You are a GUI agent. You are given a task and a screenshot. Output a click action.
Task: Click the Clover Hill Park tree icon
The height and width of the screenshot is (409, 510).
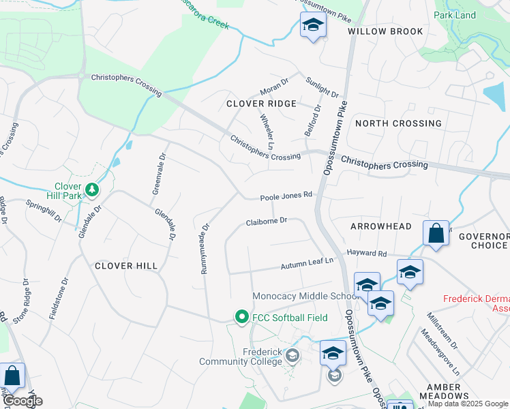click(x=92, y=188)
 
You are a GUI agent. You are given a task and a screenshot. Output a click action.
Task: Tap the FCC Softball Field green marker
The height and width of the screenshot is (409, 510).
click(x=241, y=317)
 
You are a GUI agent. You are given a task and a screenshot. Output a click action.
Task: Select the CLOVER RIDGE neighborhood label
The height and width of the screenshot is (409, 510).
click(x=262, y=104)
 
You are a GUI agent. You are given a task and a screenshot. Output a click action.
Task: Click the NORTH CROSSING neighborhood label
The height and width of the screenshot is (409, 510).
click(x=398, y=123)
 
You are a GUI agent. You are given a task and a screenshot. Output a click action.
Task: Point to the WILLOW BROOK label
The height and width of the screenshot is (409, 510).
click(x=385, y=31)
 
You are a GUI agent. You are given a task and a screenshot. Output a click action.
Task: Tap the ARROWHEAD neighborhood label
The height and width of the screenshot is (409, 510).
click(x=381, y=226)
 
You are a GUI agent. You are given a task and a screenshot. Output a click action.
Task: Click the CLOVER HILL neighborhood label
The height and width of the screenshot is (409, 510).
click(x=126, y=266)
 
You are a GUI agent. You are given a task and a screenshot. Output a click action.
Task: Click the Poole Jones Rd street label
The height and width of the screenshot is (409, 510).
click(x=286, y=196)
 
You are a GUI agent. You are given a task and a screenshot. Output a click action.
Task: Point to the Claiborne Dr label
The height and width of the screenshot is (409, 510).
click(x=267, y=222)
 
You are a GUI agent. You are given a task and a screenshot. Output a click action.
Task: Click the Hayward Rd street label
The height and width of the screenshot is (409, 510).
click(x=366, y=253)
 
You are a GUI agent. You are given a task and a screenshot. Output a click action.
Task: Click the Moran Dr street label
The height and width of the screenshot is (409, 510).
click(x=275, y=89)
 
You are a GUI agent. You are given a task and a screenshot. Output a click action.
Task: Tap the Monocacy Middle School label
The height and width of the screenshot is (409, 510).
click(x=305, y=296)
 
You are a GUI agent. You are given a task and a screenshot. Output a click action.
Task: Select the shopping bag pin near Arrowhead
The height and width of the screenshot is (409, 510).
click(x=436, y=233)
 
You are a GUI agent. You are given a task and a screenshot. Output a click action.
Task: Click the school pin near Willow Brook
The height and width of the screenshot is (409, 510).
click(x=313, y=25)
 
